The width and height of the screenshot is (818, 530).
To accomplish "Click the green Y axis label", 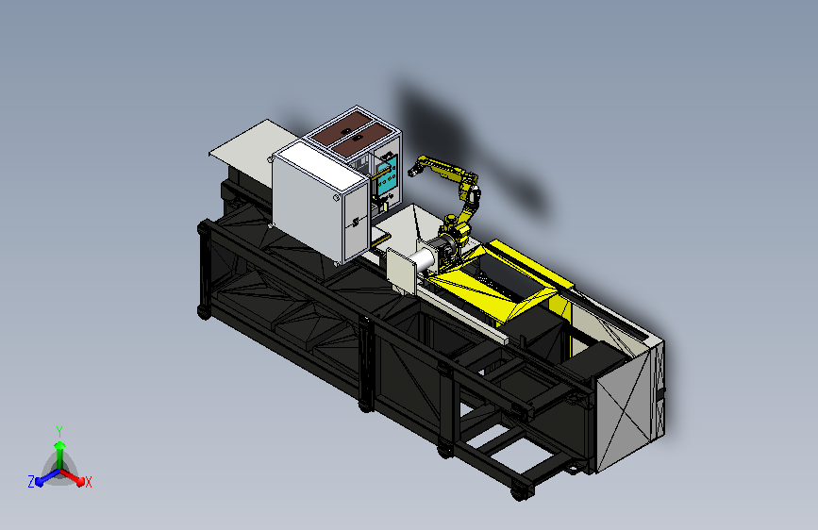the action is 59,431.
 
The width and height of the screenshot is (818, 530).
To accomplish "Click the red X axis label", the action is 88,482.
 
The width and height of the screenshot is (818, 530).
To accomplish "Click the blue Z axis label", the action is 31,482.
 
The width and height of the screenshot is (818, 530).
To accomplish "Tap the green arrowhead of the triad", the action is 59,445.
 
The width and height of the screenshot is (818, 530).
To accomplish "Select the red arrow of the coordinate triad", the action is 72,477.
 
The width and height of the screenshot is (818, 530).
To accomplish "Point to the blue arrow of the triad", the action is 47,477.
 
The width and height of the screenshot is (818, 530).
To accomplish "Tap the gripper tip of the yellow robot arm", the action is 413,170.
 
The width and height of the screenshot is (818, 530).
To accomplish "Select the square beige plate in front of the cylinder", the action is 401,270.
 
